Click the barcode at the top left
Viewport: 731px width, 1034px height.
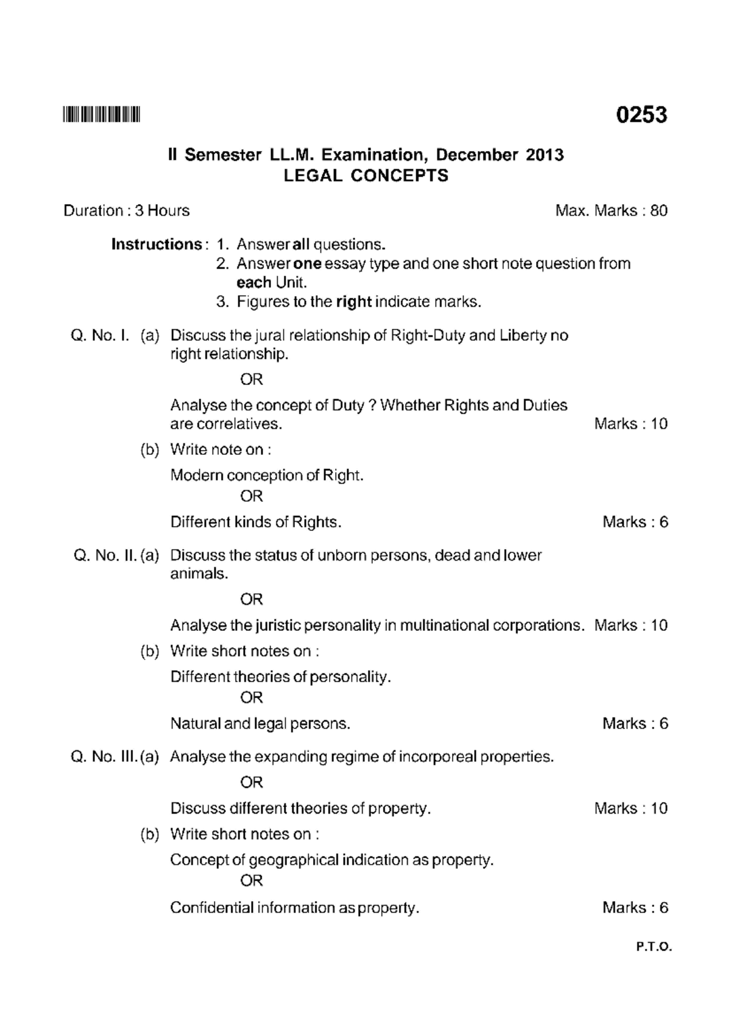coord(101,114)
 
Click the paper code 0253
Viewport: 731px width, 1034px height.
coord(641,114)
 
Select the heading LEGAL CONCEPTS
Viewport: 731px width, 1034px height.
coord(366,176)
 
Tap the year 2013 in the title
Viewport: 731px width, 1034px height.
coord(545,155)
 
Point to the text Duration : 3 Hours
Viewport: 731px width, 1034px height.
coord(127,211)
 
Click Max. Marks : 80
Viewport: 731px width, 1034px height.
coord(611,211)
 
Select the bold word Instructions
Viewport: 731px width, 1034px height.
coord(157,245)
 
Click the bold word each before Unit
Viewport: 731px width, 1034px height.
coord(253,283)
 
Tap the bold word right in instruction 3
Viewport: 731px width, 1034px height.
coord(353,302)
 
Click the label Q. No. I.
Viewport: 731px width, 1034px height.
coord(100,336)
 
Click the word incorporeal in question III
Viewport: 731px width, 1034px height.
coord(432,757)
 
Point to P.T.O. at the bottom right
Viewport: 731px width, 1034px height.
coord(654,947)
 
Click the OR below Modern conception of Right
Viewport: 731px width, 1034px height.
coord(251,496)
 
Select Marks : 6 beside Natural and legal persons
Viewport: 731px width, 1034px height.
coord(635,723)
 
